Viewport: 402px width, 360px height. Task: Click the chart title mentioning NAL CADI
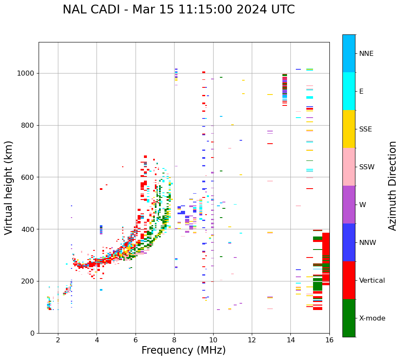click(179, 10)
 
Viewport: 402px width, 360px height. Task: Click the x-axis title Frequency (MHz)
click(183, 350)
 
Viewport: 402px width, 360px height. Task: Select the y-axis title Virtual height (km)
click(9, 188)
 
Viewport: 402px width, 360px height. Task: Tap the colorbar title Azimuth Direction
click(392, 186)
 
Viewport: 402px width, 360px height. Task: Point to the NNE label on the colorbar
click(366, 54)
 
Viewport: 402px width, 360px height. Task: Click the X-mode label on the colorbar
click(372, 318)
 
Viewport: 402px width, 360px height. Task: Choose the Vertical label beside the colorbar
click(372, 281)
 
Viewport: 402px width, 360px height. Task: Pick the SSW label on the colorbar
click(367, 167)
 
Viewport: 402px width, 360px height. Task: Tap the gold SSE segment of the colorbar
click(349, 129)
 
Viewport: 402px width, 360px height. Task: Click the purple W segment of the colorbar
click(349, 205)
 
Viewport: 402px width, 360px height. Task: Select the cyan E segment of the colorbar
click(349, 91)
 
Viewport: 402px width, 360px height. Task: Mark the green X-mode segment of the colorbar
click(349, 318)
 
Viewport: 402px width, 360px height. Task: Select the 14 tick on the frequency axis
click(291, 340)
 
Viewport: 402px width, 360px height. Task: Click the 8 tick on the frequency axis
click(175, 340)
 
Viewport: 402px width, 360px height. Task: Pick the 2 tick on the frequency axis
click(58, 340)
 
